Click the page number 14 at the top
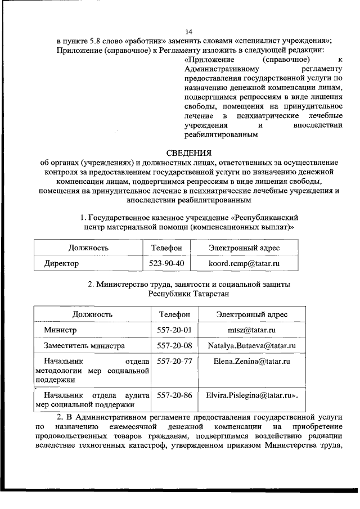pyautogui.click(x=188, y=32)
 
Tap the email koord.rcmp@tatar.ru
pyautogui.click(x=244, y=263)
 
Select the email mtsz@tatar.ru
pyautogui.click(x=251, y=329)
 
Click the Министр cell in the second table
pyautogui.click(x=61, y=329)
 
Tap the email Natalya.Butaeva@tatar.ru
pyautogui.click(x=251, y=345)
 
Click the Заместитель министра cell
pyautogui.click(x=85, y=345)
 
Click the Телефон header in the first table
pyautogui.click(x=166, y=247)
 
